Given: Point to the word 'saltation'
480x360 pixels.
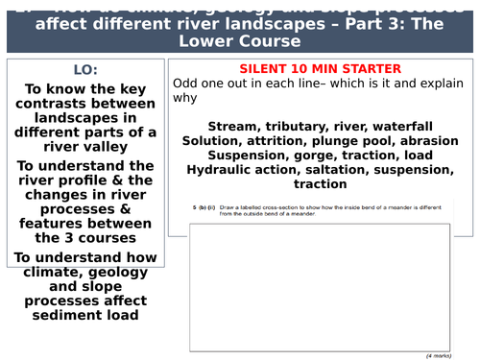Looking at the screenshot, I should [341, 169].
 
